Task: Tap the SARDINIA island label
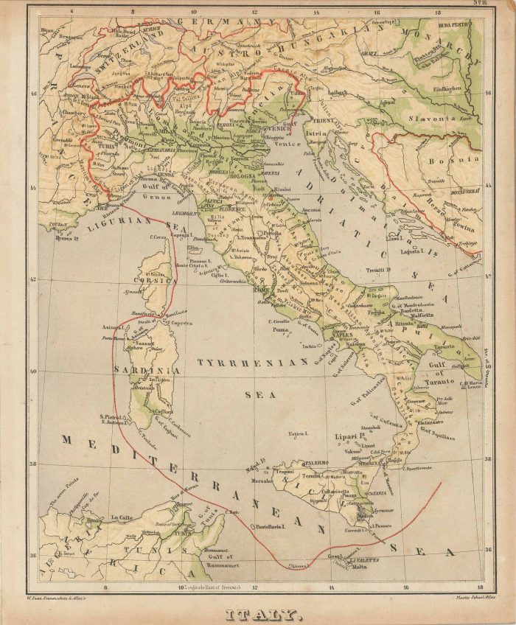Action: (154, 369)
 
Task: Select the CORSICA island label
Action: (153, 281)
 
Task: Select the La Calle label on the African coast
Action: (122, 517)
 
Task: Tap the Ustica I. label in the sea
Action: (296, 434)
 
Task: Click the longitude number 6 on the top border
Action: (72, 12)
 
